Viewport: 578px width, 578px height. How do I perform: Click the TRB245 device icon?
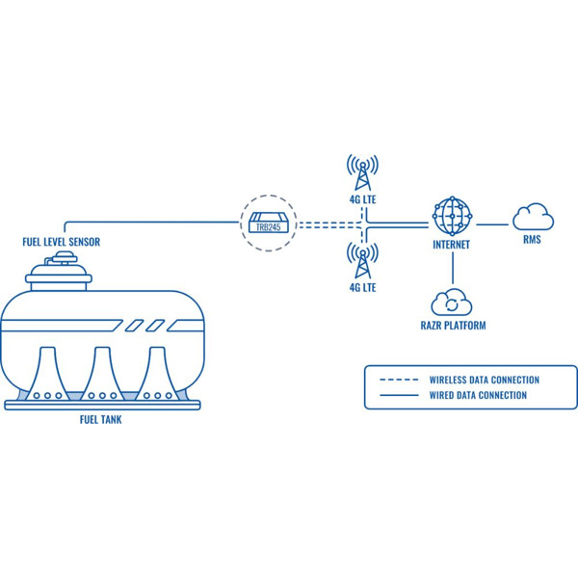click(x=269, y=223)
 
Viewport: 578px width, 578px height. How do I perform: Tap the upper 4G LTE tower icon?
click(x=362, y=172)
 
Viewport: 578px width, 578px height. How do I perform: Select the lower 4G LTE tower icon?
click(x=362, y=261)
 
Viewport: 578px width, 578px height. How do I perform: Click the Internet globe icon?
click(x=453, y=217)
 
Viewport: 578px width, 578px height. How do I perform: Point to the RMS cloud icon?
click(x=533, y=217)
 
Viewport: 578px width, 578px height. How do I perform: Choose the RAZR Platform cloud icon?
click(x=452, y=302)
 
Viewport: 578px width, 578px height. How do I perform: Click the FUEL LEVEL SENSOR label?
click(x=62, y=242)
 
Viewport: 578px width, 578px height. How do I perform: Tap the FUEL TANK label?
click(x=100, y=419)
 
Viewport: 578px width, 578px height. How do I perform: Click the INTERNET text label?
click(x=451, y=245)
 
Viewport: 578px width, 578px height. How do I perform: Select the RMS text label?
click(x=532, y=240)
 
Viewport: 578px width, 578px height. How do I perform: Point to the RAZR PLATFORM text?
click(x=453, y=326)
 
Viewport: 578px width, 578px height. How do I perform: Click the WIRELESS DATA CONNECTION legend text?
click(x=484, y=380)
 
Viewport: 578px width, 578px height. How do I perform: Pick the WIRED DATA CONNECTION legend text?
click(x=478, y=395)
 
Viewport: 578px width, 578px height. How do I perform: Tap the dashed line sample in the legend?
click(x=399, y=380)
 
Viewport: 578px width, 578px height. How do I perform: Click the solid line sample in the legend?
click(x=399, y=395)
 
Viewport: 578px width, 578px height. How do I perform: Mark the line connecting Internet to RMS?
click(x=492, y=224)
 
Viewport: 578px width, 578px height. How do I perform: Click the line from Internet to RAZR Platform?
click(x=453, y=268)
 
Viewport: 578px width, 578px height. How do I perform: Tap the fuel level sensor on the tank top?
click(x=65, y=257)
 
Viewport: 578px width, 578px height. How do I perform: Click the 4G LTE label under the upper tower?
click(x=363, y=199)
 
